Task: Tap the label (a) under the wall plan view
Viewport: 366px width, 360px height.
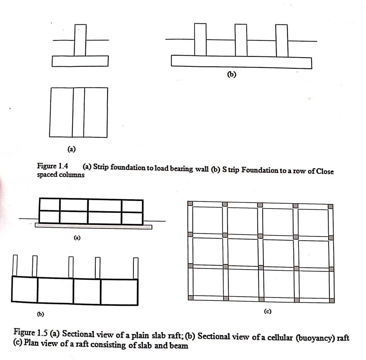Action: (x=71, y=148)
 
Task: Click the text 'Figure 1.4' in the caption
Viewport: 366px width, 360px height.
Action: (x=52, y=166)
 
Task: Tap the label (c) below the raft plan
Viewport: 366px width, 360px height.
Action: (x=267, y=311)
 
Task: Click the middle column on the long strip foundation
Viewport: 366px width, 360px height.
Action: (x=241, y=40)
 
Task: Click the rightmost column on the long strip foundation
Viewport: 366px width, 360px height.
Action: (x=281, y=40)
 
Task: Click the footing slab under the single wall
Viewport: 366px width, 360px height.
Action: (x=80, y=61)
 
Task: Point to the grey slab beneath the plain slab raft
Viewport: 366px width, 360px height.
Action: (x=93, y=227)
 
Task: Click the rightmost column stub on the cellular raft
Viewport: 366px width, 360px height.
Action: (x=135, y=268)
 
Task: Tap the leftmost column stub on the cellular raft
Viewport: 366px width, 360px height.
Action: (x=15, y=265)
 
